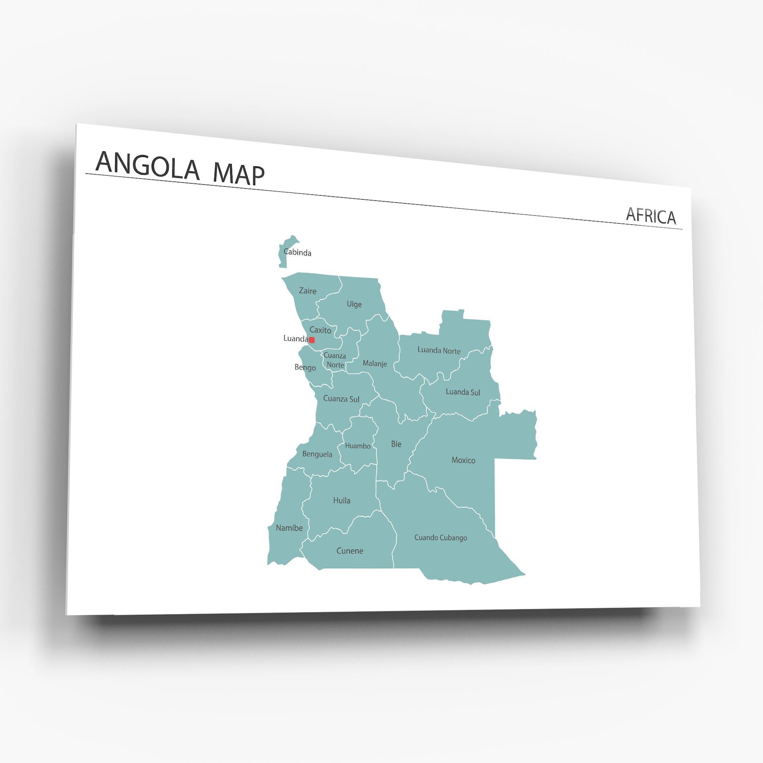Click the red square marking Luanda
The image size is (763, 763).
point(312,340)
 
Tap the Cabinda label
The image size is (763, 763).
point(297,252)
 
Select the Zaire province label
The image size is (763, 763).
point(308,291)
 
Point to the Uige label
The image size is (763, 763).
point(354,304)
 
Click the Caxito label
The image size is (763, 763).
point(320,330)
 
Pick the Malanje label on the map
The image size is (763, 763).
point(375,363)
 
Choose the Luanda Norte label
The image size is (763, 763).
point(439,350)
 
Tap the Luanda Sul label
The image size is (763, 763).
point(463,392)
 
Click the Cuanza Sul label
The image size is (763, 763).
point(341,399)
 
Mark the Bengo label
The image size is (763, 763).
point(305,367)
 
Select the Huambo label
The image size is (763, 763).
point(357,446)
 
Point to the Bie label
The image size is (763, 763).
point(396,444)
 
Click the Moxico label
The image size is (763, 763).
point(463,460)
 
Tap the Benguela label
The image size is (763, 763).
point(317,454)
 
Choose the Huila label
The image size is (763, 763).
point(341,500)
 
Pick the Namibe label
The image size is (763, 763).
point(289,528)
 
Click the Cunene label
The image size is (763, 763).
point(349,551)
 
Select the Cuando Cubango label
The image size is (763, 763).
point(441,538)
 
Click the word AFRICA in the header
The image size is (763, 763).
point(651,216)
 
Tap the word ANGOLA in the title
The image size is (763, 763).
point(147,165)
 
